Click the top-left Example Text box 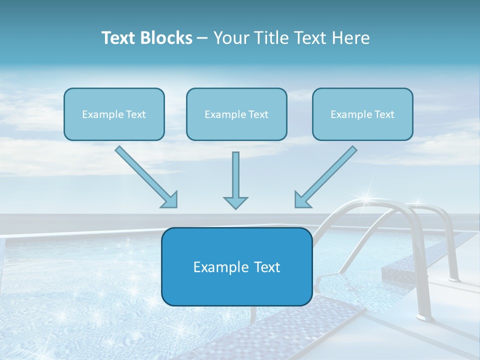114,114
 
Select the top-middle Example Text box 236,114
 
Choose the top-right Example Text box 362,114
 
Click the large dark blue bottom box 236,266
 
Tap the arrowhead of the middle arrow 235,202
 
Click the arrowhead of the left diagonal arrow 170,199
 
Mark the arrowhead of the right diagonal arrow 302,199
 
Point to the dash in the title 202,38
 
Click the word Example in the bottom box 215,267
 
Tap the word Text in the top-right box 384,114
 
